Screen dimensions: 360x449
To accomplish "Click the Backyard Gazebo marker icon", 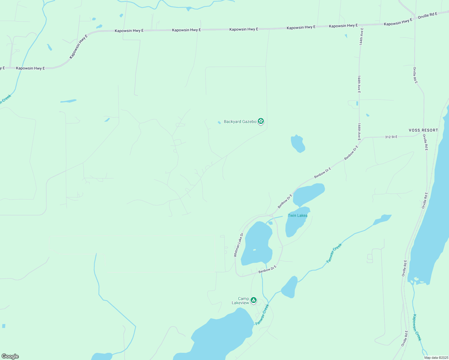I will (x=261, y=121).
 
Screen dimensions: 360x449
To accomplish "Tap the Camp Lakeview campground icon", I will (x=254, y=300).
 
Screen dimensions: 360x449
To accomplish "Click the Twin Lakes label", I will (x=297, y=215).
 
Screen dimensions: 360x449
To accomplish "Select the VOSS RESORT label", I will (x=423, y=130).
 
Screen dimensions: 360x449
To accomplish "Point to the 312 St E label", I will (x=391, y=137).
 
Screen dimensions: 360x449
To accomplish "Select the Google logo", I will (x=10, y=356).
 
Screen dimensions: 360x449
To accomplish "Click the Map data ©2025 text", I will (x=436, y=358).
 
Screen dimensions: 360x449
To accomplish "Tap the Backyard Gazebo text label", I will (x=240, y=121).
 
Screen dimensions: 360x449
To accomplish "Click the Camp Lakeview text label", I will (x=241, y=301).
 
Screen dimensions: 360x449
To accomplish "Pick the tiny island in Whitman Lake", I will (x=254, y=250).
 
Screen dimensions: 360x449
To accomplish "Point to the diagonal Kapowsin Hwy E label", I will (x=78, y=47).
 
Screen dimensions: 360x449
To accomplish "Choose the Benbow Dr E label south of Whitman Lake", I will (x=267, y=269).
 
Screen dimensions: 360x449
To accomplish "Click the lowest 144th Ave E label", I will (x=359, y=132).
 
